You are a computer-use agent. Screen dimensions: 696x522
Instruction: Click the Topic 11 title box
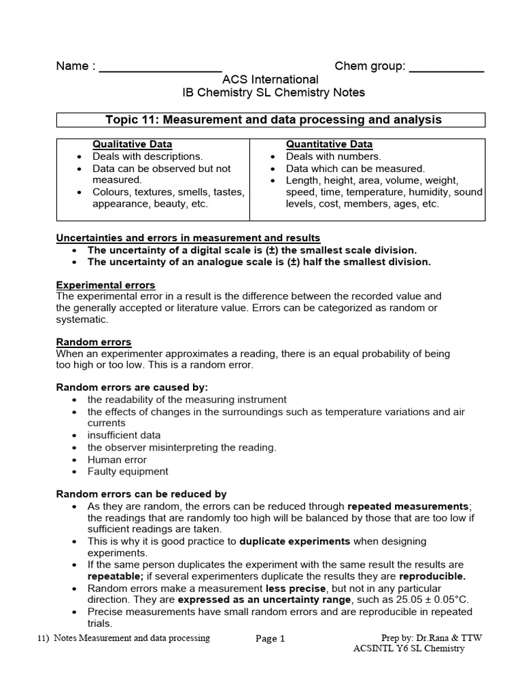click(x=270, y=120)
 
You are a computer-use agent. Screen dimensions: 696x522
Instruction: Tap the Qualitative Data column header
click(x=133, y=144)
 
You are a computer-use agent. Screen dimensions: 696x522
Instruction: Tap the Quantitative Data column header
click(x=329, y=144)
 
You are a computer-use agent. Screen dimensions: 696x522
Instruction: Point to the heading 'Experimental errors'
click(x=105, y=285)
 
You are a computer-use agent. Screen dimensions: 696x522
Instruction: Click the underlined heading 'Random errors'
click(x=94, y=342)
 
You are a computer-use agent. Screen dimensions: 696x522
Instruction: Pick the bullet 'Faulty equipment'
click(x=128, y=471)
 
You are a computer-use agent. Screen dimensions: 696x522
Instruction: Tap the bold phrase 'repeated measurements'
click(x=408, y=506)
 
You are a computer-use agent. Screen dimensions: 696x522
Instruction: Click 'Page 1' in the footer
click(x=270, y=639)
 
